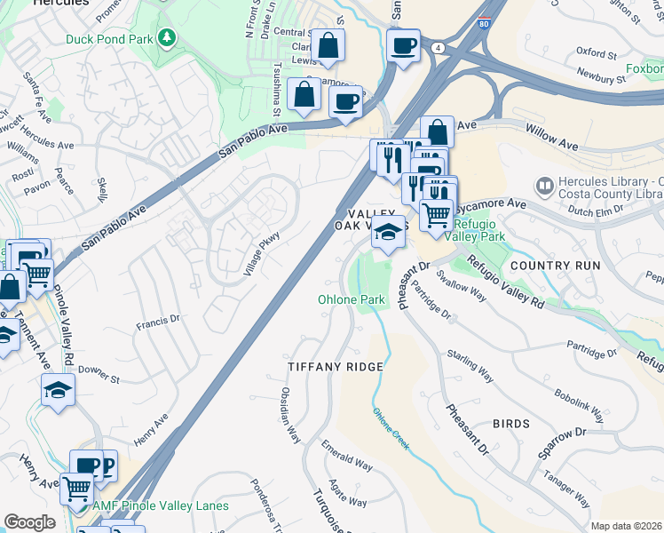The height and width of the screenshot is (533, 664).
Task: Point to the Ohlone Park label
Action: (352, 299)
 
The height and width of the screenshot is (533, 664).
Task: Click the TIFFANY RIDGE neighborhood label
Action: (336, 367)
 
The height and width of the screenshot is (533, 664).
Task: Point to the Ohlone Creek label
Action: (391, 428)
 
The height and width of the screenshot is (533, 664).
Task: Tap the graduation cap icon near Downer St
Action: (59, 389)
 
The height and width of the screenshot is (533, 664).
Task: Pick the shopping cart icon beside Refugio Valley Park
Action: (435, 213)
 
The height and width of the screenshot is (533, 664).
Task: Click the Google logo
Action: (29, 522)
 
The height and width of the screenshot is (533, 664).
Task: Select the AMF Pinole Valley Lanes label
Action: (161, 505)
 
